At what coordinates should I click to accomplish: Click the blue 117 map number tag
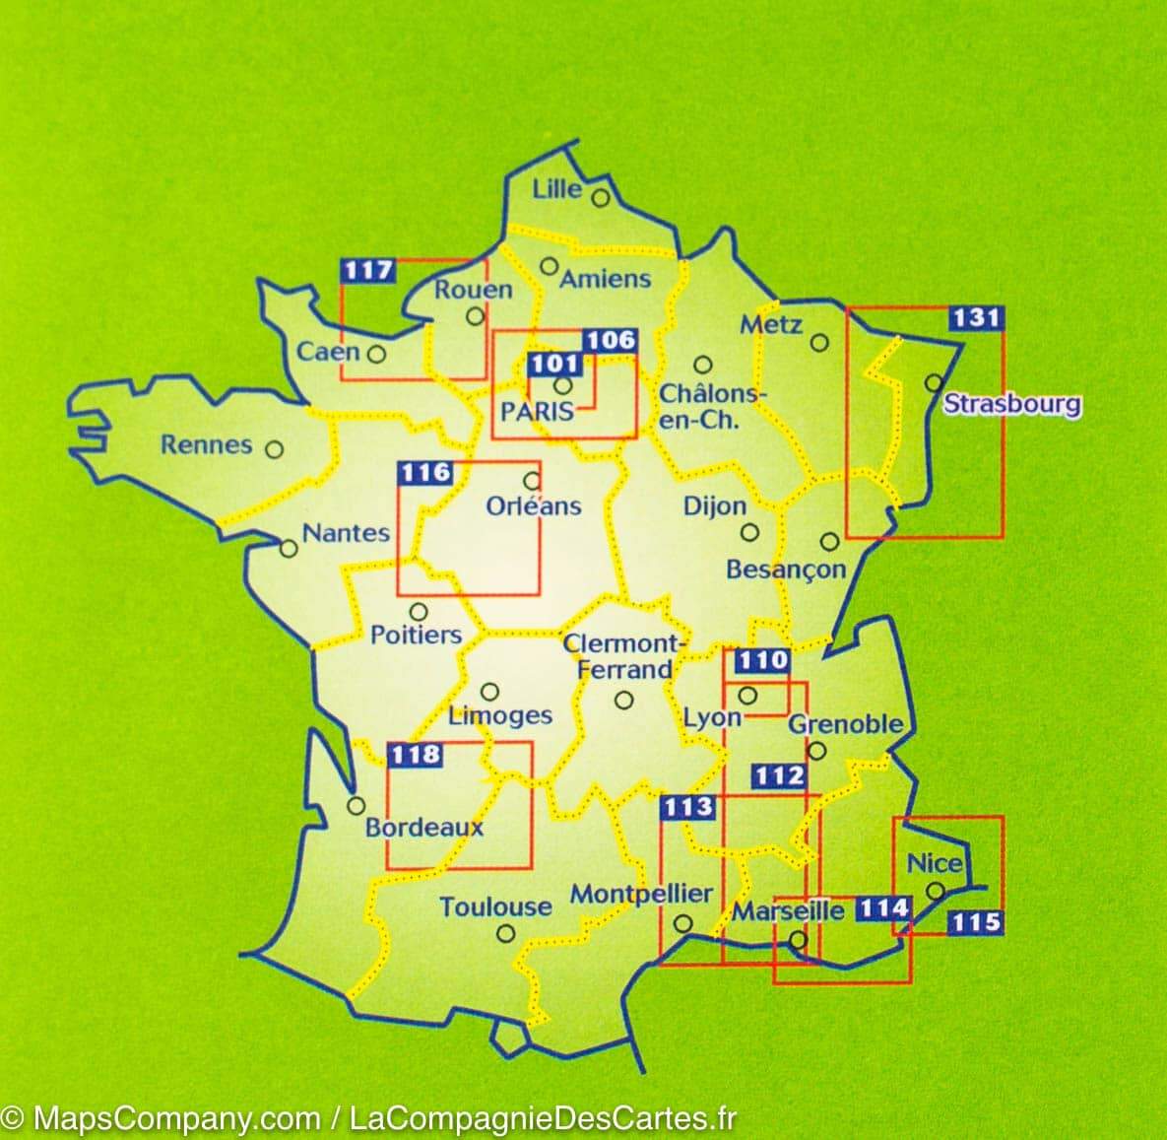(x=367, y=270)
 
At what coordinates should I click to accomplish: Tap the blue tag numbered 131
(x=976, y=318)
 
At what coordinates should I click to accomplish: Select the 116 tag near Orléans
(x=424, y=473)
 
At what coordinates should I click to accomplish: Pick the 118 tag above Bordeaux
(x=415, y=755)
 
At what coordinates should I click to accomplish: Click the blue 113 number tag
(x=686, y=807)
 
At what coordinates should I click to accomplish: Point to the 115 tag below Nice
(x=976, y=922)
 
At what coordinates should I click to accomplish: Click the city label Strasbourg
(x=1011, y=403)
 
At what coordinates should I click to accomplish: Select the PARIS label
(x=537, y=411)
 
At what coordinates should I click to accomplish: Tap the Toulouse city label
(x=495, y=906)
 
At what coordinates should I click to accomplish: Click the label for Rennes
(x=207, y=444)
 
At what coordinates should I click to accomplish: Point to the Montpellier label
(x=641, y=894)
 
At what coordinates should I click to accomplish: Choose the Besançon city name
(x=786, y=570)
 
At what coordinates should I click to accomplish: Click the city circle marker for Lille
(x=601, y=199)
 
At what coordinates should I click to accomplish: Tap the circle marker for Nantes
(x=288, y=548)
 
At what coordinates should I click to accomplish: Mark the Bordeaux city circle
(x=357, y=806)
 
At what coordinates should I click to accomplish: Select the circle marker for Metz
(x=819, y=343)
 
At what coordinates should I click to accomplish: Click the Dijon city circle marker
(x=749, y=532)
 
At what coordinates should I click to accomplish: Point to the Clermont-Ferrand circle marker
(x=623, y=701)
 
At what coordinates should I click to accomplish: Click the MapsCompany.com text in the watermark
(x=176, y=1118)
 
